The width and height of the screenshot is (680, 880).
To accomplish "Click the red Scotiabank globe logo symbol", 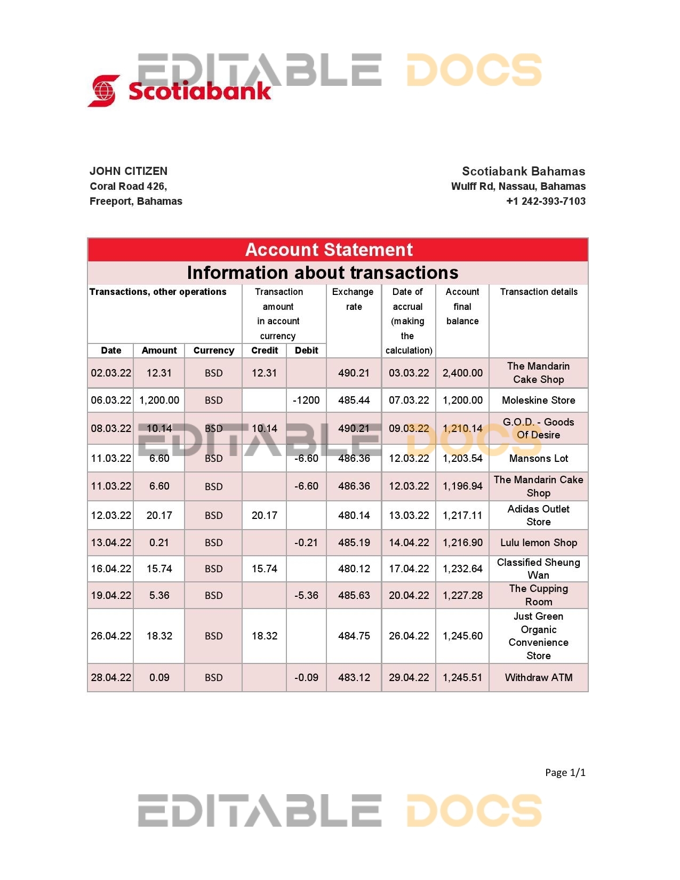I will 104,91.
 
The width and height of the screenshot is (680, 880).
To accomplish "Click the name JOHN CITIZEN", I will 129,171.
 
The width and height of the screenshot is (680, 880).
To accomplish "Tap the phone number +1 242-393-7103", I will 546,201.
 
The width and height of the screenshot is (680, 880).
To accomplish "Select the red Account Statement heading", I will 329,250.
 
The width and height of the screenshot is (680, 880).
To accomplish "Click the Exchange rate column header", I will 353,299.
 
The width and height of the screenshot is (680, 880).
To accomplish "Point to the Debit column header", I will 306,350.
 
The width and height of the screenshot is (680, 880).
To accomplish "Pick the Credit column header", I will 265,350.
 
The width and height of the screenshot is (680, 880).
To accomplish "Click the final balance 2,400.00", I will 462,373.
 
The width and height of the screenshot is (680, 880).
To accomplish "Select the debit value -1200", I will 306,400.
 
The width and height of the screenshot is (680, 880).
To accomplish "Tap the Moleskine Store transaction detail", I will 538,400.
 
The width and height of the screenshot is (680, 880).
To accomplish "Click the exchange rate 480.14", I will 354,515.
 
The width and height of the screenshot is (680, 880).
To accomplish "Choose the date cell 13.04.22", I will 111,542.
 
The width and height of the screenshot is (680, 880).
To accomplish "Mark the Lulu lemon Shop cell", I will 538,542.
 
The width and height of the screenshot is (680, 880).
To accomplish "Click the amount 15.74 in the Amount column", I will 159,569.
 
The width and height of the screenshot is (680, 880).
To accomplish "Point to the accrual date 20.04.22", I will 409,595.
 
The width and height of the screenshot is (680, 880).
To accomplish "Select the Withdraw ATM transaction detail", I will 538,677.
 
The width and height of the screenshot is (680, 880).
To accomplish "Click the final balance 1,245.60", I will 462,636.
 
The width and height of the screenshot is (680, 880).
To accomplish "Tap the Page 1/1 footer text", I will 565,772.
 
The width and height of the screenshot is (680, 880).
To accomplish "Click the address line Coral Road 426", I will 128,186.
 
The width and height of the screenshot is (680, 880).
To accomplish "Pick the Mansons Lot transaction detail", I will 538,458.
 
